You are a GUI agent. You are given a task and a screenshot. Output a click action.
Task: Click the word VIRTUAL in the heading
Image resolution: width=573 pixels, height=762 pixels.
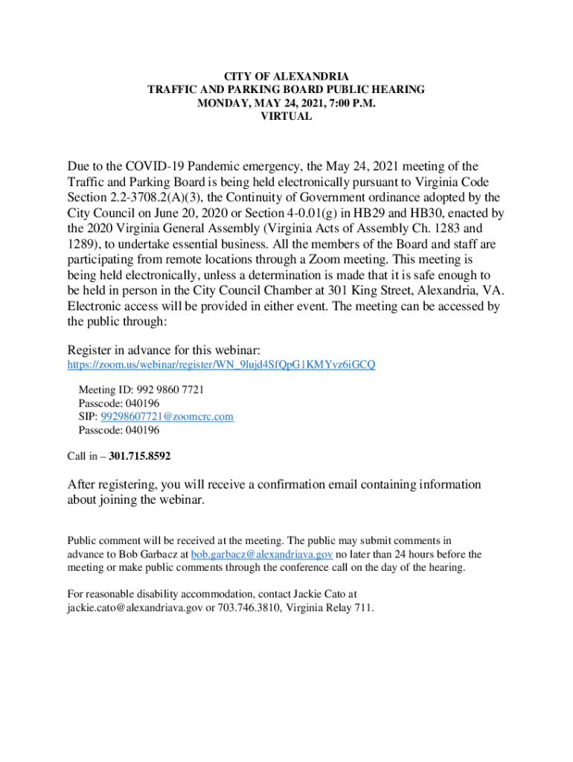pos(286,117)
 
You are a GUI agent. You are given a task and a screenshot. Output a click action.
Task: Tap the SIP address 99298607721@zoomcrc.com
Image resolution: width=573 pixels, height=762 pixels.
pos(167,417)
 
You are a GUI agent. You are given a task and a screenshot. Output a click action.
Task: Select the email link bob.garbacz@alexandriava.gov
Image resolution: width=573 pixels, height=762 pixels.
pos(262,554)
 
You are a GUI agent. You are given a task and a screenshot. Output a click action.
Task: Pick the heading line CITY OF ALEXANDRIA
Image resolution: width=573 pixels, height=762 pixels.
pos(286,77)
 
